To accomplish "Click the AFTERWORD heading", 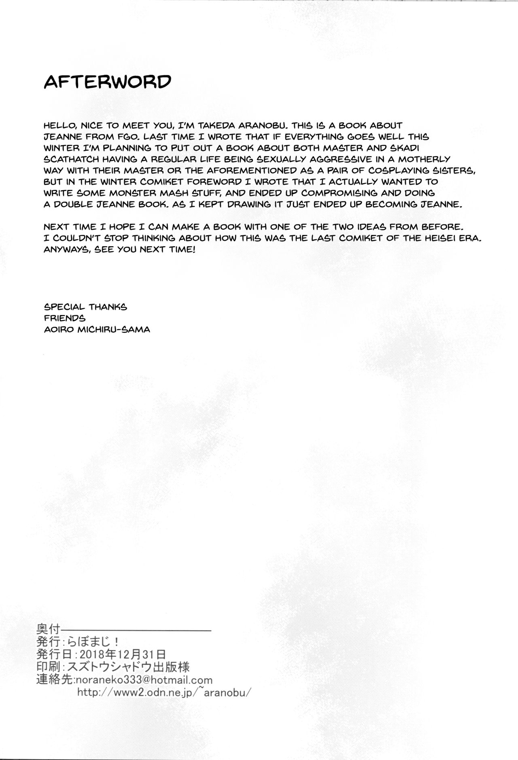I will [107, 82].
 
